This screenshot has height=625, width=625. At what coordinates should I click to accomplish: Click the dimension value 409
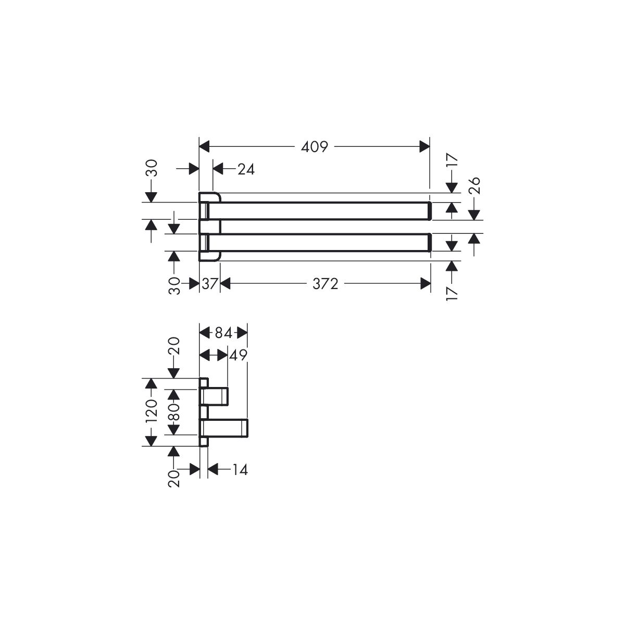pyautogui.click(x=314, y=147)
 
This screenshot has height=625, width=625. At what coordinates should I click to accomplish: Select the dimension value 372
pyautogui.click(x=326, y=284)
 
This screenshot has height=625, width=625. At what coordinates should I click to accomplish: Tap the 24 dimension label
pyautogui.click(x=246, y=169)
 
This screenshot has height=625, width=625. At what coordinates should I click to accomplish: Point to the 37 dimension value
pyautogui.click(x=209, y=284)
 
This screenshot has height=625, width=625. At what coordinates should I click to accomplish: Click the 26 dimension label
pyautogui.click(x=474, y=185)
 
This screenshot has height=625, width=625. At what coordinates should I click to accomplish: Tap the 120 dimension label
pyautogui.click(x=152, y=410)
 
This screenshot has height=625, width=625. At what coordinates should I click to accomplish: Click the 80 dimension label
pyautogui.click(x=174, y=412)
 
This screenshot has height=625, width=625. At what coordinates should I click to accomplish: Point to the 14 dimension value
pyautogui.click(x=240, y=469)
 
